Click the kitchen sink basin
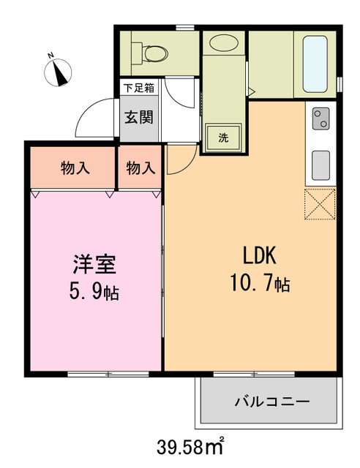pyautogui.click(x=320, y=165)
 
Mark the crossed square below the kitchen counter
pyautogui.click(x=320, y=203)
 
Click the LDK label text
pyautogui.click(x=258, y=256)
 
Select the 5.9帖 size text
pyautogui.click(x=94, y=292)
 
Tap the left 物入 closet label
pyautogui.click(x=75, y=168)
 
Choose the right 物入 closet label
pyautogui.click(x=140, y=168)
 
